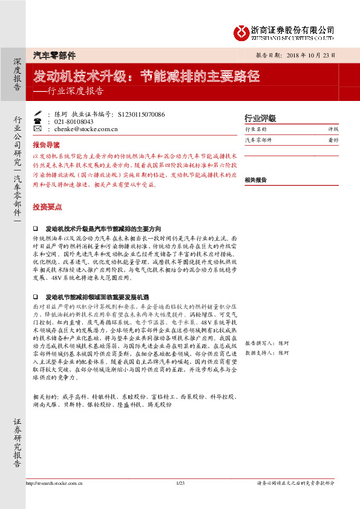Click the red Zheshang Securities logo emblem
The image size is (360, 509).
click(x=241, y=31)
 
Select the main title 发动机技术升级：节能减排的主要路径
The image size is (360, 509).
click(x=146, y=77)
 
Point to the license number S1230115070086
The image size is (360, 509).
click(x=142, y=114)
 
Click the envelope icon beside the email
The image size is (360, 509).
click(x=38, y=129)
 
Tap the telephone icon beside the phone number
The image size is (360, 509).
click(x=38, y=122)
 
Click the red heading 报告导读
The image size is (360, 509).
click(x=46, y=145)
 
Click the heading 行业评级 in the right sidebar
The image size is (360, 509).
click(x=260, y=118)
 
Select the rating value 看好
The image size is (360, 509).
click(x=333, y=140)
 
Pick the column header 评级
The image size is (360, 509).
click(x=333, y=129)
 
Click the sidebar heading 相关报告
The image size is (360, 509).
click(x=256, y=180)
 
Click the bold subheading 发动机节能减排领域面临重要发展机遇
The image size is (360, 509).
click(x=97, y=298)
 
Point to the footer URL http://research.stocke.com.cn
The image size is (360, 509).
click(x=54, y=483)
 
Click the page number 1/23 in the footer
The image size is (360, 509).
click(x=180, y=483)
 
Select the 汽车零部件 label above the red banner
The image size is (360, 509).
click(x=54, y=56)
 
